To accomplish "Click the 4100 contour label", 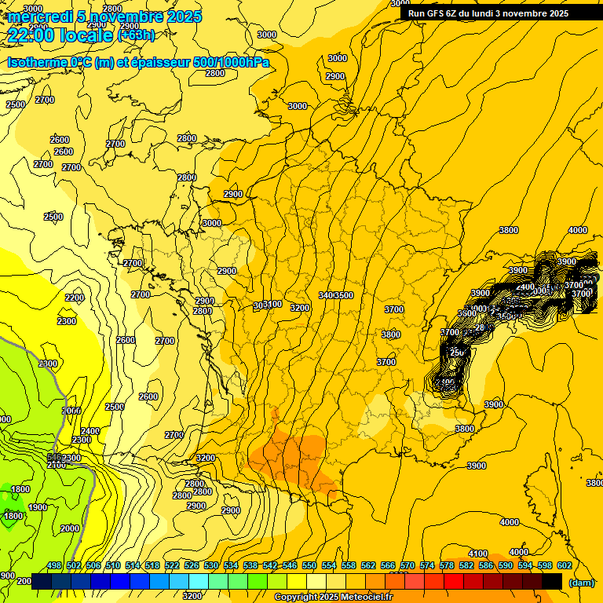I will point(478,554).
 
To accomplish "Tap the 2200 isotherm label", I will point(75,298).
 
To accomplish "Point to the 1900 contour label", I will point(38,507).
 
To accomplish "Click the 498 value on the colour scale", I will point(54,565).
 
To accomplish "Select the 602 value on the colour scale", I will point(564,565).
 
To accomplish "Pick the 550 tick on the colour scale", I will point(309,565).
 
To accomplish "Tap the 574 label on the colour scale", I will point(427,565).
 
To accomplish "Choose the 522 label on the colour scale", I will point(172,565).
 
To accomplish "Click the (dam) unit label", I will point(581,582).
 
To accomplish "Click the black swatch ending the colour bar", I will point(552,581).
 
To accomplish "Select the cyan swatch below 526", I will point(199,581).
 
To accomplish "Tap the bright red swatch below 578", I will point(454,581).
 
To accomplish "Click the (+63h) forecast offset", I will point(136,35).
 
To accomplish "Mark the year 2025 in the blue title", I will point(181,16).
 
